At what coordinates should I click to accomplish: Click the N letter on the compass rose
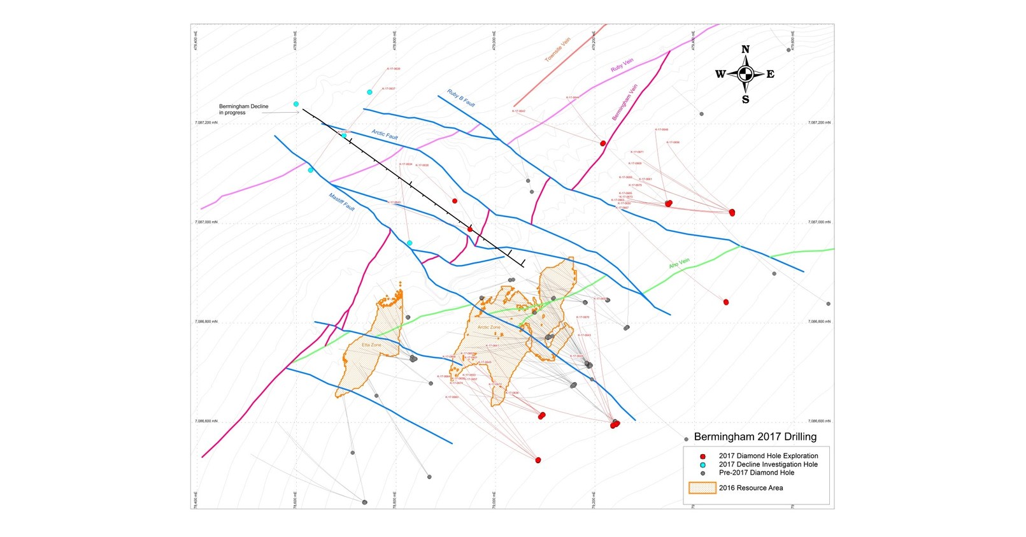(x=745, y=50)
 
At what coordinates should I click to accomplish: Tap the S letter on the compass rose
(x=745, y=99)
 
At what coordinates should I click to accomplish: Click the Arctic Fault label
(x=385, y=135)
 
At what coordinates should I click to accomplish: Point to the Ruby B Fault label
(x=461, y=99)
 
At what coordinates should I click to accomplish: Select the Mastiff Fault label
(x=342, y=202)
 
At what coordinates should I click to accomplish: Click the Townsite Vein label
(x=557, y=50)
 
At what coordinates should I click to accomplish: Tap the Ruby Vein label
(x=622, y=65)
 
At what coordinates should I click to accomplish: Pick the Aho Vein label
(x=679, y=264)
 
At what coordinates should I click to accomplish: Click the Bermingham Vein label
(x=624, y=103)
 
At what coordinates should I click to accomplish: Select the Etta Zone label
(x=371, y=345)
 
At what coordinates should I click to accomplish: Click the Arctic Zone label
(x=489, y=327)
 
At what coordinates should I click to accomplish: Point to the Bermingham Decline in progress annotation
(x=244, y=110)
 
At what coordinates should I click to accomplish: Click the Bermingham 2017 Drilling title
(x=755, y=437)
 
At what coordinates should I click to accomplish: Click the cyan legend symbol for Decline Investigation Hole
(x=702, y=465)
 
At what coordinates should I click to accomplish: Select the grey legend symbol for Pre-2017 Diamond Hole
(x=702, y=473)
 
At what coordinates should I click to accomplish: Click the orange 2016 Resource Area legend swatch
(x=702, y=488)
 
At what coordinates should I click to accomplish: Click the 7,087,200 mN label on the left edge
(x=206, y=122)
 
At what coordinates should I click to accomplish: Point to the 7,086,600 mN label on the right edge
(x=819, y=421)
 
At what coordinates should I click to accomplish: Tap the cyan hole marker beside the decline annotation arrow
(x=296, y=104)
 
